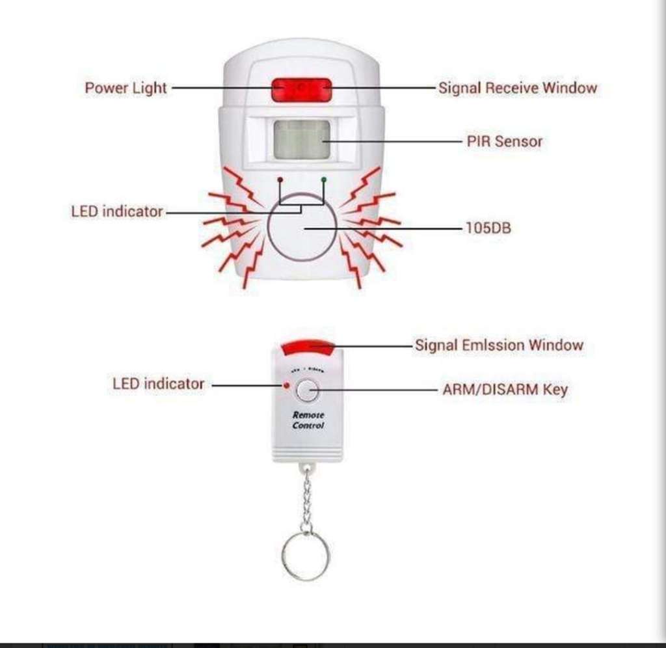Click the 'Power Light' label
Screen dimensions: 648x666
(x=126, y=88)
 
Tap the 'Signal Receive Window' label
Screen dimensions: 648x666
(x=517, y=88)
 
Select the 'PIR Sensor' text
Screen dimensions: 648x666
(x=504, y=141)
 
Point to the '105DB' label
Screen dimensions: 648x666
(x=488, y=228)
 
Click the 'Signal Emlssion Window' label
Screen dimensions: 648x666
(x=499, y=345)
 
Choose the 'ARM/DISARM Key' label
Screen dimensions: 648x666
(x=505, y=390)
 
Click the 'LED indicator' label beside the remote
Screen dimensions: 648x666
(x=158, y=384)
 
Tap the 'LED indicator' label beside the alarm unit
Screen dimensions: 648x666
(x=117, y=211)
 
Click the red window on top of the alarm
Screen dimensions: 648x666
(x=301, y=89)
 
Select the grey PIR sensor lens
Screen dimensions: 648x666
(x=301, y=139)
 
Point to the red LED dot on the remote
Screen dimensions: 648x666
(x=286, y=386)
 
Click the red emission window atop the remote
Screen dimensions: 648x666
(x=308, y=347)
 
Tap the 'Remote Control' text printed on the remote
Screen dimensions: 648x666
(x=308, y=420)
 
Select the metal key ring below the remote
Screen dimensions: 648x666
(x=306, y=556)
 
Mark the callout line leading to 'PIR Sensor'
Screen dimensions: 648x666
(x=390, y=141)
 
